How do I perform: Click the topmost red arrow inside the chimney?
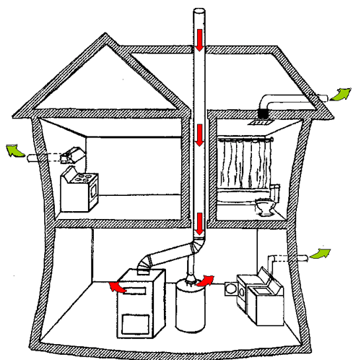pos(199,40)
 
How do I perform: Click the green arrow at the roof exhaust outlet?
pos(341,95)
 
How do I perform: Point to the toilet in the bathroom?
pos(266,207)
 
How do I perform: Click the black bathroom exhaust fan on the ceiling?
pos(264,113)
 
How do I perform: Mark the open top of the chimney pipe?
pos(199,10)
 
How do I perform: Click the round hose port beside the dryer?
pos(232,288)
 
